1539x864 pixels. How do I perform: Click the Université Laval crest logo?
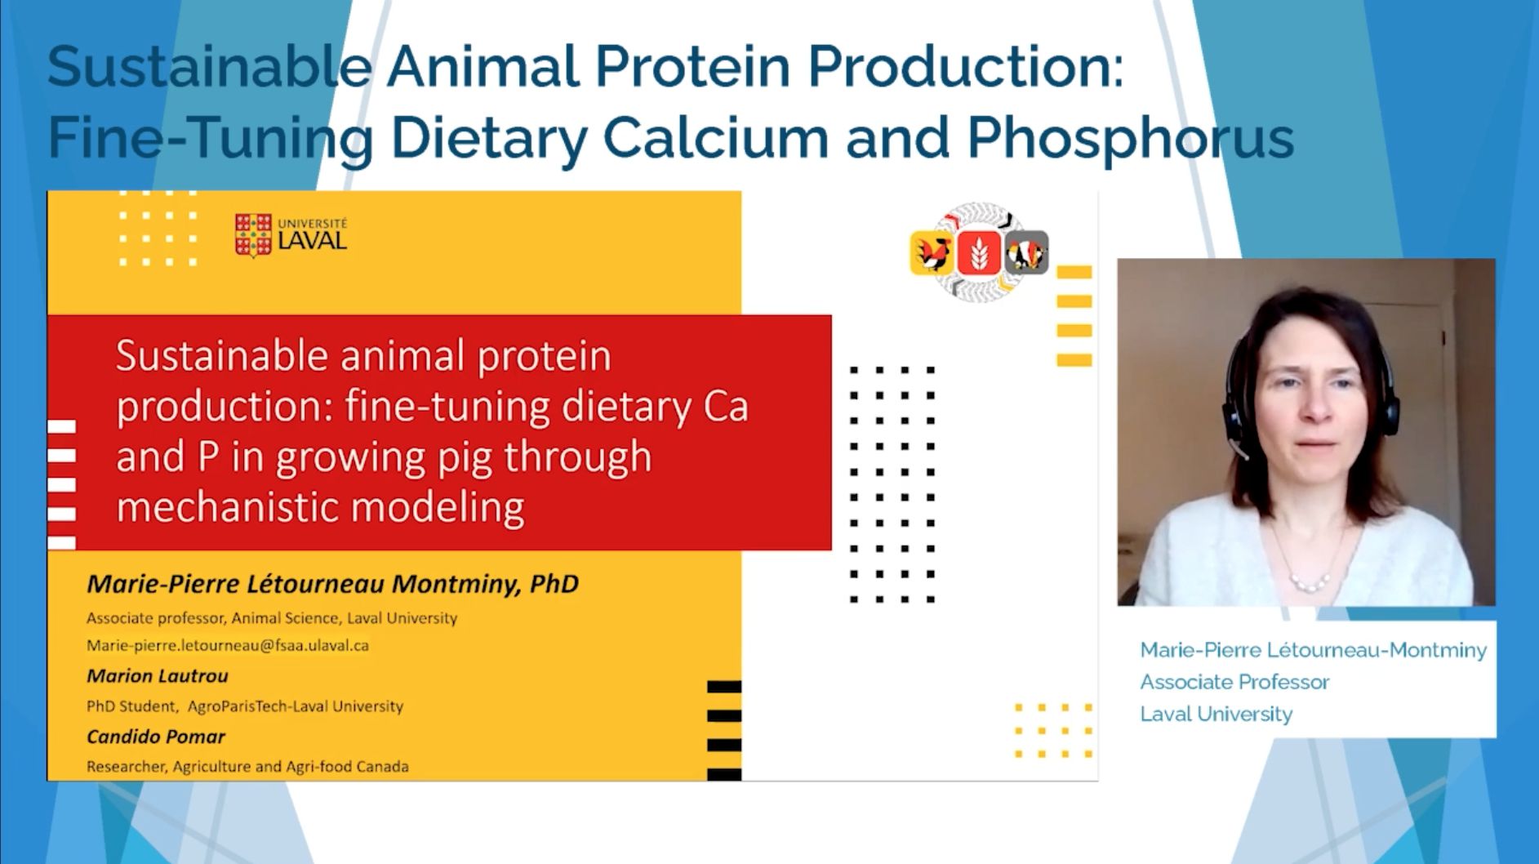click(253, 235)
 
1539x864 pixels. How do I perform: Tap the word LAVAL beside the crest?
click(313, 240)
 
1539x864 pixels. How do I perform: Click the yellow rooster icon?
click(932, 252)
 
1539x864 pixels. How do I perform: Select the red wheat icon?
click(979, 252)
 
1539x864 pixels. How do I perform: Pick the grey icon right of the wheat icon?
click(1026, 252)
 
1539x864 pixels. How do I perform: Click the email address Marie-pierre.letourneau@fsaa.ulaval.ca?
click(228, 645)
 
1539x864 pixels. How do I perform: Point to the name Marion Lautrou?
click(158, 676)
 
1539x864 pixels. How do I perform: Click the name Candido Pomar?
click(156, 737)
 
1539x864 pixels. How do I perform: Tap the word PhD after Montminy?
click(554, 584)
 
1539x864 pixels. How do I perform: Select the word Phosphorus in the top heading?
click(1131, 138)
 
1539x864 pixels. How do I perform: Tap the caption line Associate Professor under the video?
click(1234, 682)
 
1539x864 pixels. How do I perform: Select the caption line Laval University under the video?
click(1217, 715)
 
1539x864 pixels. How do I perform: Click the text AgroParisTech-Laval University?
click(296, 706)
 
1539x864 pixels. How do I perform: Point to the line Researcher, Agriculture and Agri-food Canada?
click(247, 767)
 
